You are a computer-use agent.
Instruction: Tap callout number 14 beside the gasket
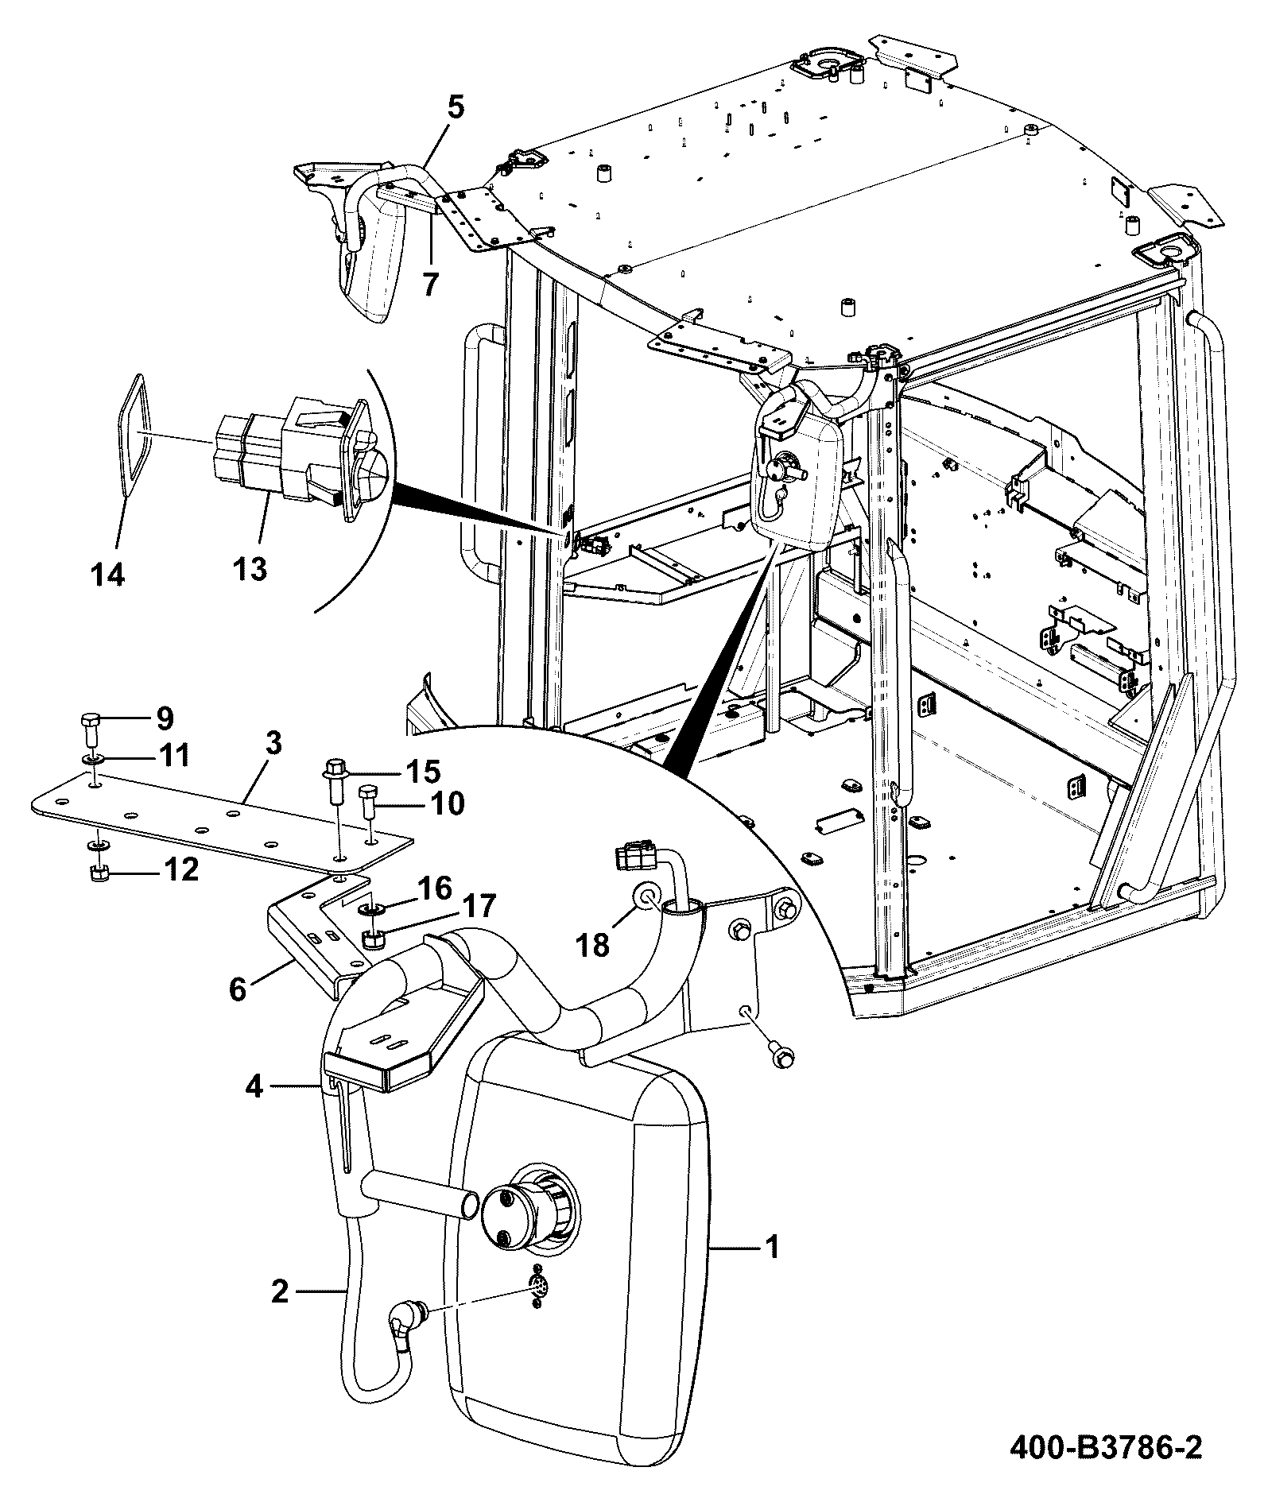pos(108,574)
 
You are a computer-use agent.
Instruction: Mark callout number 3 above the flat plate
pos(273,745)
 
